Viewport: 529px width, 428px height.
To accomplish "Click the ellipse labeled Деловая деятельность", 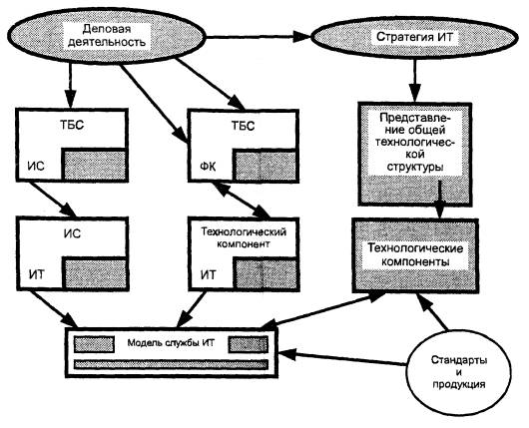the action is [106, 36].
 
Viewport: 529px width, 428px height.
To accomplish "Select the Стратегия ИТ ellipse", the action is [414, 37].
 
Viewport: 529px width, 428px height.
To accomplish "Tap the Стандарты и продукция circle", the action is [459, 373].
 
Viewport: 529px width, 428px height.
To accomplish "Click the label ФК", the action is [208, 167].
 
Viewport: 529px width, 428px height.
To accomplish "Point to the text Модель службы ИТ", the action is [171, 343].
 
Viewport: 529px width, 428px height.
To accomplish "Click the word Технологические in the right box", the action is [415, 248].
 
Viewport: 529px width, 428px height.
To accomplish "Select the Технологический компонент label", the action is [244, 237].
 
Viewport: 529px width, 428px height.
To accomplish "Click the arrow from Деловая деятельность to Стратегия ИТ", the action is [259, 37].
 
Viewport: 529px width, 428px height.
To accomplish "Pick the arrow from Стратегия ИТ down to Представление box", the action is [414, 80].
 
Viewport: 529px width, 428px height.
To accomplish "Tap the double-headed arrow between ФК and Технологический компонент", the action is [242, 200].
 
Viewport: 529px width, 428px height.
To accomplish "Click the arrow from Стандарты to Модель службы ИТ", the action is [342, 359].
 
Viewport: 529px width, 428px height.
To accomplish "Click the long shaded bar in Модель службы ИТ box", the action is [171, 364].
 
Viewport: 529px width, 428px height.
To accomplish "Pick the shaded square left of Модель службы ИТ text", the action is [94, 344].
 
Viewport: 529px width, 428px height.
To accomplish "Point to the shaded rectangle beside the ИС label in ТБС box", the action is [94, 165].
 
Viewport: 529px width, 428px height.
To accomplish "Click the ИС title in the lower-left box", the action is [72, 233].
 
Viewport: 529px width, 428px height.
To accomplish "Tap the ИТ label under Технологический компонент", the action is [208, 275].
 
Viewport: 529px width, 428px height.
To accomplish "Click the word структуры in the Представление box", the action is [415, 167].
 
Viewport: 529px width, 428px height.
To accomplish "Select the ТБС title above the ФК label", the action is [243, 126].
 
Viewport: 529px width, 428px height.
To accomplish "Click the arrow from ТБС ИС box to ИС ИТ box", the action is [52, 200].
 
